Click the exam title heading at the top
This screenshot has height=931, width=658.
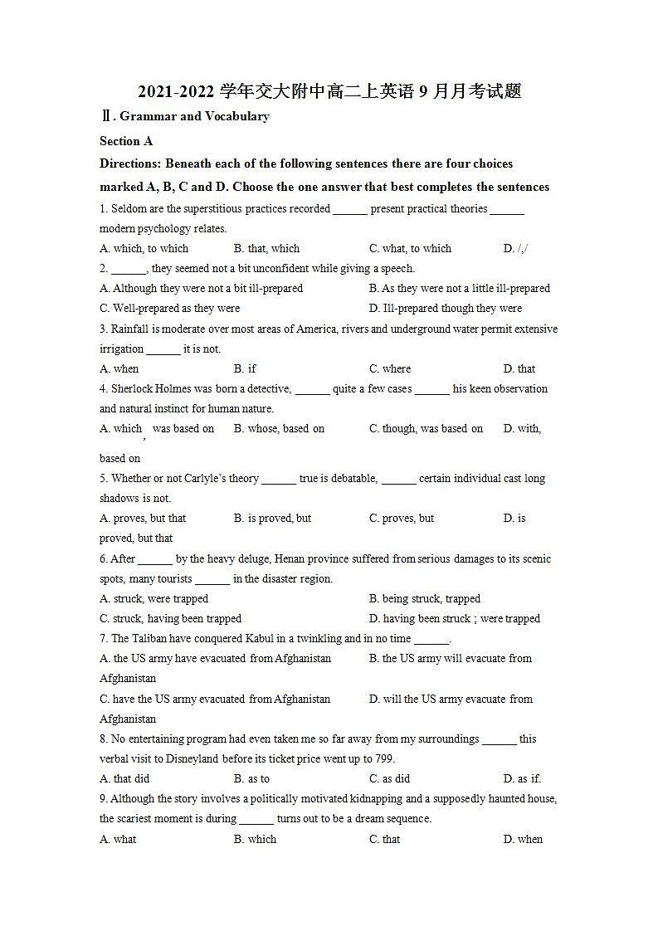(x=329, y=91)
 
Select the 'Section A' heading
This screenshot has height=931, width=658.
(x=126, y=141)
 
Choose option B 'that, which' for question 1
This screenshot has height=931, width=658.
(x=266, y=248)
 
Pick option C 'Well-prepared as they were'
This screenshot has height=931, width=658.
(x=169, y=308)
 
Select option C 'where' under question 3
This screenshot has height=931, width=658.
(x=390, y=368)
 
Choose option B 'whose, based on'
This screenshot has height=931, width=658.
(x=279, y=428)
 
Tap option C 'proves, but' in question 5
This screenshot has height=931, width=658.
(x=402, y=518)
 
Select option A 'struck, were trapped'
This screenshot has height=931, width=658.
(x=154, y=598)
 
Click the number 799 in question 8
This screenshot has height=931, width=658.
(x=383, y=758)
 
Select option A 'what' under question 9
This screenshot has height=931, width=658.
(x=118, y=839)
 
